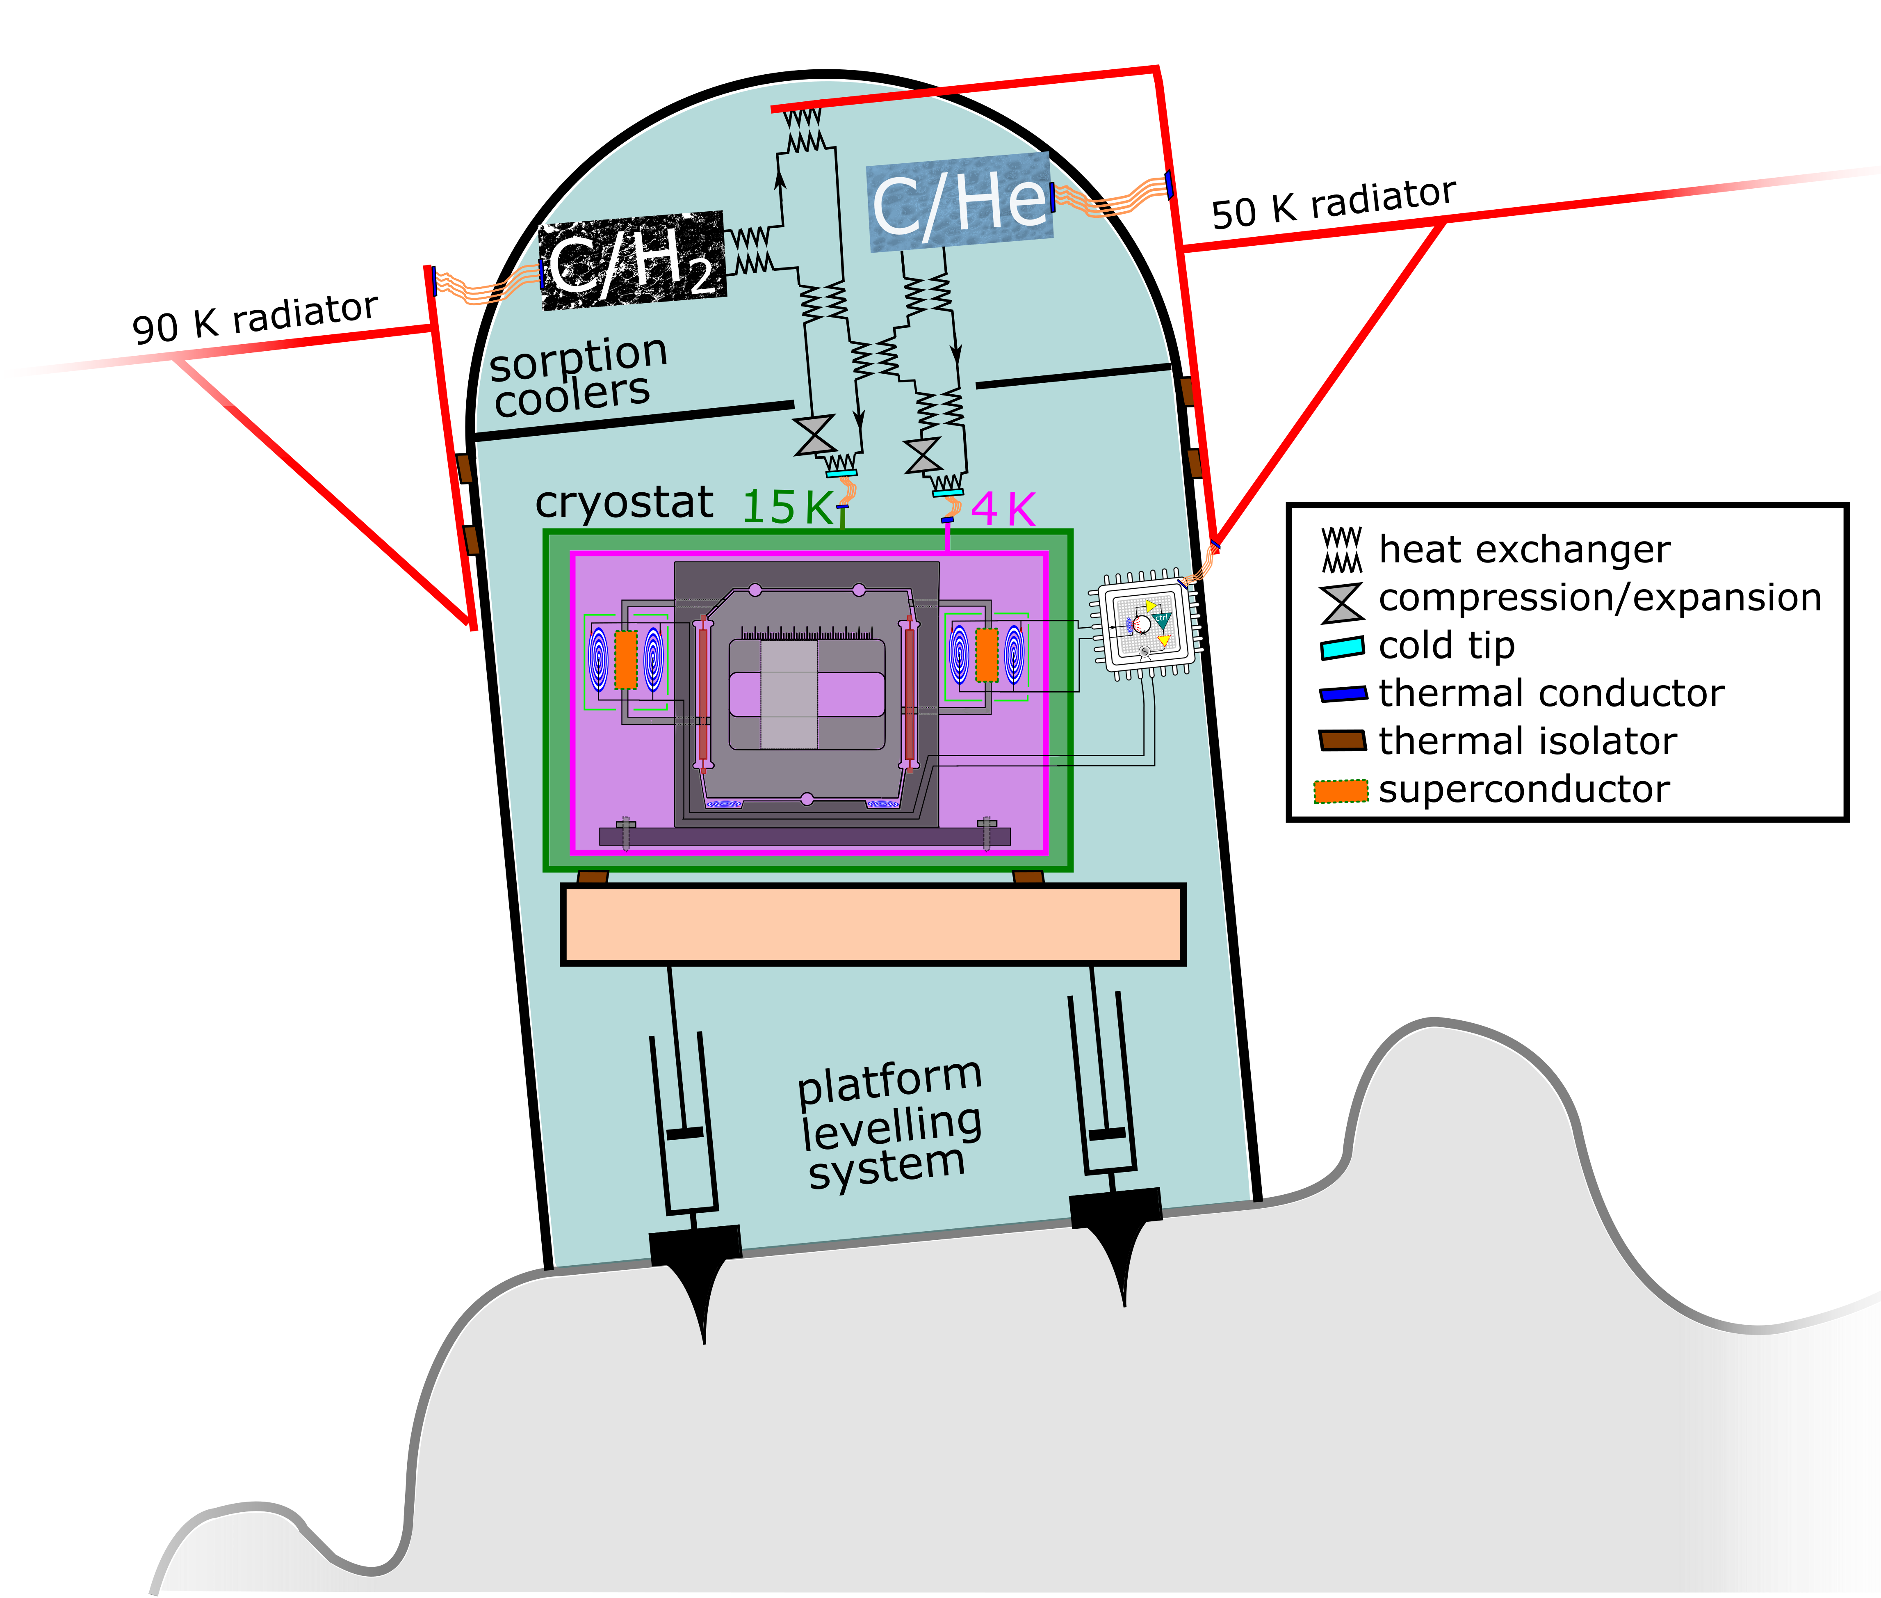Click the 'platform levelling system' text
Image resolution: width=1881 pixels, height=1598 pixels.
coord(889,1123)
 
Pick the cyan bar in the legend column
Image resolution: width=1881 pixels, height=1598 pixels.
coord(1342,648)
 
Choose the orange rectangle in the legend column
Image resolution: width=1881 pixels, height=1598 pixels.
coord(1341,791)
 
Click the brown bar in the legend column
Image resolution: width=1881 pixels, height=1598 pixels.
coord(1342,740)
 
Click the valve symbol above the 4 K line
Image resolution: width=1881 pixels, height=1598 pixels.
coord(923,456)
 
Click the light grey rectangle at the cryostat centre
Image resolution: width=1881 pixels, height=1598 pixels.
coord(789,695)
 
